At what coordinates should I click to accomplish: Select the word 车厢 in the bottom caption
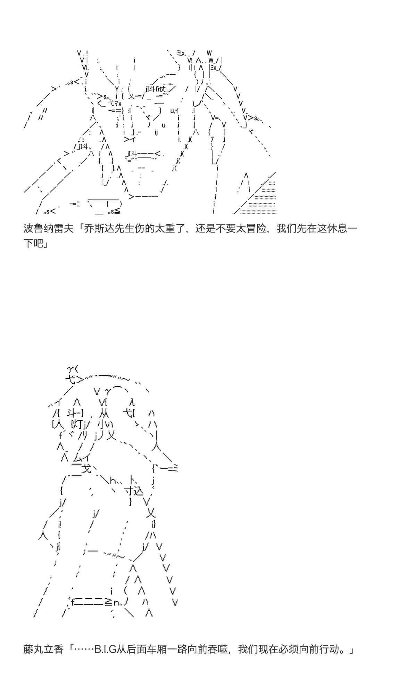tap(169, 649)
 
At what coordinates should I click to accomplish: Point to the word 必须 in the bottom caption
tap(300, 649)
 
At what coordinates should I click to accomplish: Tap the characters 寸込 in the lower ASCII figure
tap(133, 491)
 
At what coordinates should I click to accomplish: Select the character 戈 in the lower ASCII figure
tap(86, 469)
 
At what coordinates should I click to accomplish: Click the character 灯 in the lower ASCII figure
tap(78, 424)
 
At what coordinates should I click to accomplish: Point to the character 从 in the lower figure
tap(104, 413)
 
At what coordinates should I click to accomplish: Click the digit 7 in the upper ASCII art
tap(212, 139)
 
